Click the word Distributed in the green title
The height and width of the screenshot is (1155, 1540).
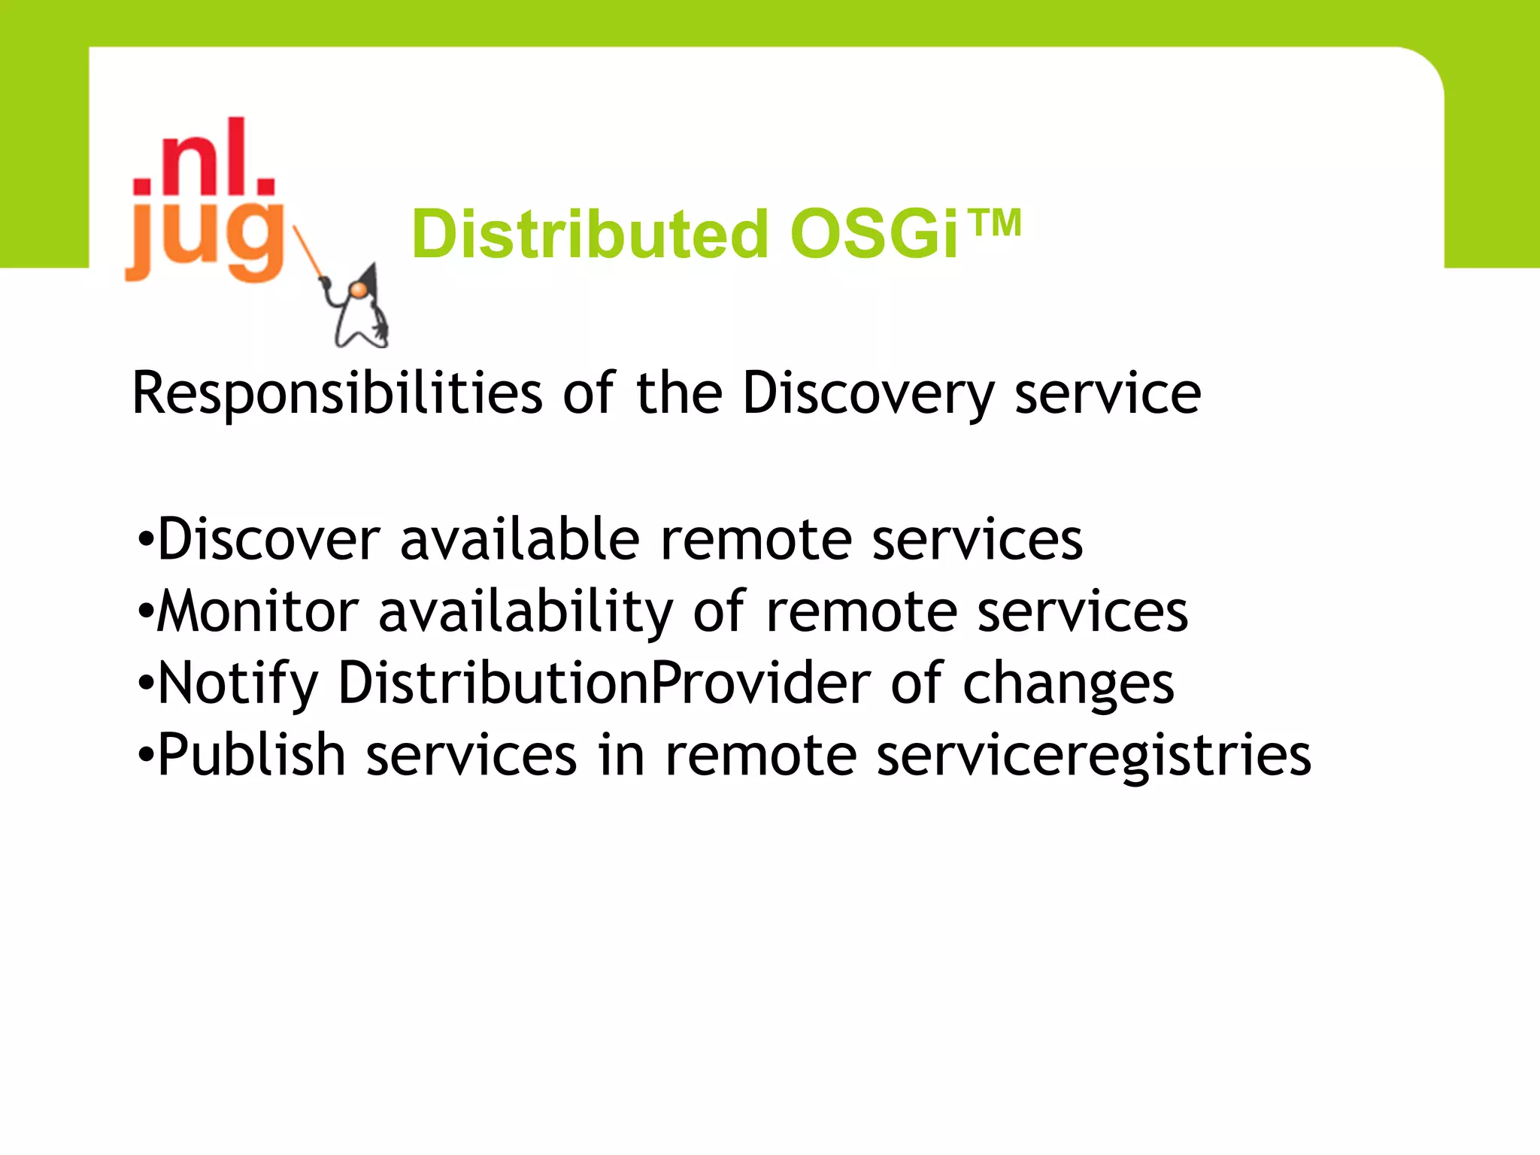point(590,235)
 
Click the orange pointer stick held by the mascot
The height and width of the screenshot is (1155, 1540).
point(308,252)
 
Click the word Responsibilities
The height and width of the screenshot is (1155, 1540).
point(337,393)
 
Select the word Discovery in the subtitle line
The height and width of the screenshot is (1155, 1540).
point(869,393)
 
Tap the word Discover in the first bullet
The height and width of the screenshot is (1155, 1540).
point(269,539)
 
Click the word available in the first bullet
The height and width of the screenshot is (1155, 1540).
point(520,539)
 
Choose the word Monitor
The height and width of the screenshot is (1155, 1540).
point(258,611)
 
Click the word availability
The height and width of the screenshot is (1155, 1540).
point(525,611)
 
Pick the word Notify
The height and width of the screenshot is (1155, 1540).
point(238,683)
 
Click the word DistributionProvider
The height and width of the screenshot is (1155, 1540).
point(605,683)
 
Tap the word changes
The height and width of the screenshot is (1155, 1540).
point(1068,683)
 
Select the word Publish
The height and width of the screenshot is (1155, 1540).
point(251,754)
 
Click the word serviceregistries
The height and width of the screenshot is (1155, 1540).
point(1094,754)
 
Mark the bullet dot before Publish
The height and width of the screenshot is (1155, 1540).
point(146,755)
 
